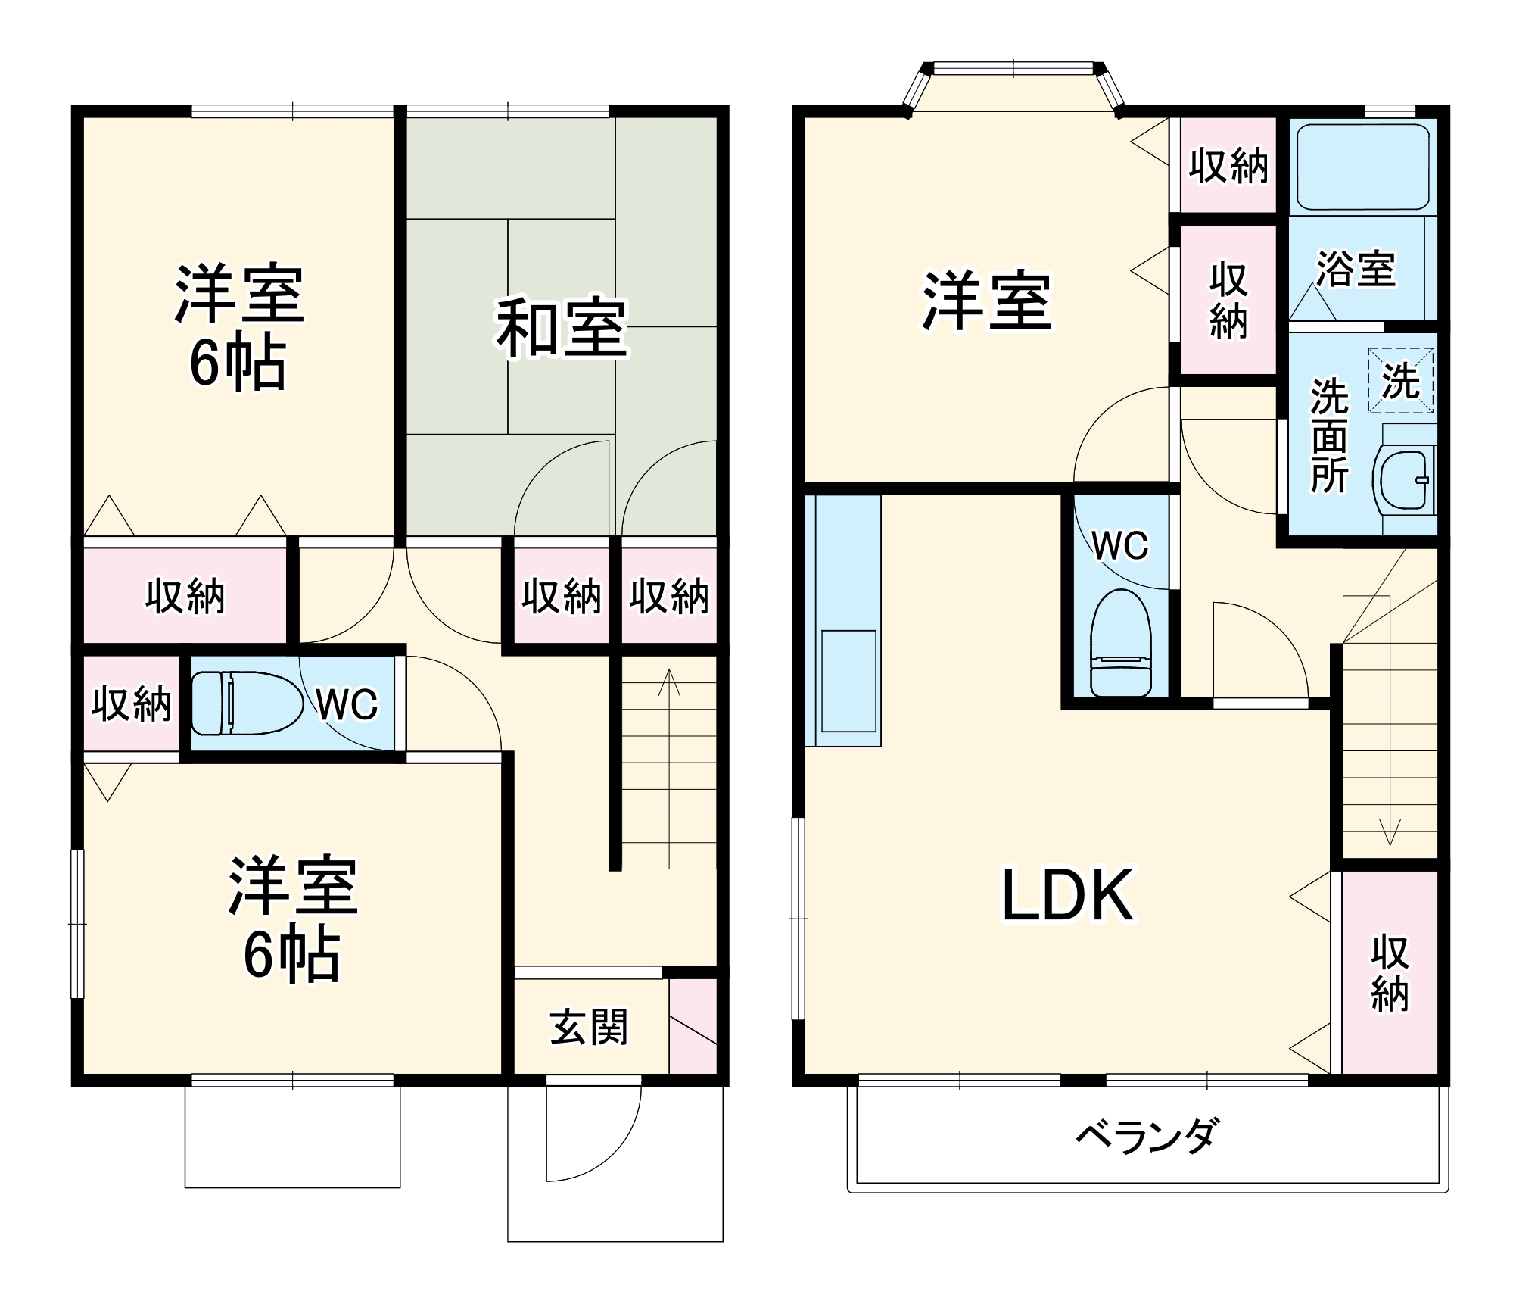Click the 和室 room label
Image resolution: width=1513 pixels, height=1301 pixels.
(562, 328)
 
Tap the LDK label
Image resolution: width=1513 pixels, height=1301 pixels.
(1067, 895)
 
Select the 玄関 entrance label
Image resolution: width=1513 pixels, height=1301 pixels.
(589, 1028)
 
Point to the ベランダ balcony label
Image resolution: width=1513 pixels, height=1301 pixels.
(1147, 1136)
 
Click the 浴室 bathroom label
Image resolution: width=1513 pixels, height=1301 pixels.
(1356, 268)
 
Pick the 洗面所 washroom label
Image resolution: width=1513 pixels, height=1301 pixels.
(1330, 435)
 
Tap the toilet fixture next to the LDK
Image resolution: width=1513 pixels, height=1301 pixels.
(1120, 644)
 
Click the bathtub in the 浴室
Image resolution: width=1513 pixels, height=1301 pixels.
(1362, 167)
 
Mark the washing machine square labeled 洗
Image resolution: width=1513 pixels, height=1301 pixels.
(1400, 380)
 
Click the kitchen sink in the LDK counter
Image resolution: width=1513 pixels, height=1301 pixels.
(848, 681)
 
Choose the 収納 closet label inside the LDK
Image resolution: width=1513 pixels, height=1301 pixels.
(1390, 973)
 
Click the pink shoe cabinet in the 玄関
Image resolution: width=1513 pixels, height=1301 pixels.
(693, 1026)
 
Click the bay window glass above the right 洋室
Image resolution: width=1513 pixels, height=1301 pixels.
(1013, 68)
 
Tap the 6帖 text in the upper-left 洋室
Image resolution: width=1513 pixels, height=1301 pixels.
(238, 364)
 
